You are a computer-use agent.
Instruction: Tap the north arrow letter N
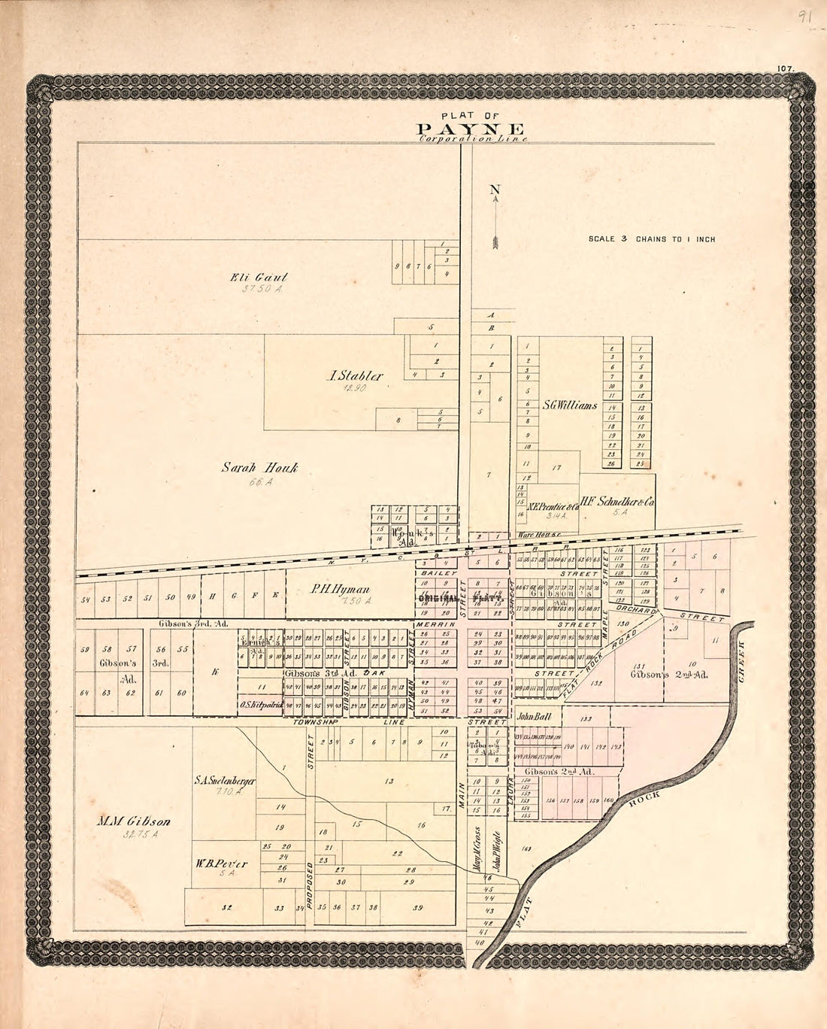click(495, 190)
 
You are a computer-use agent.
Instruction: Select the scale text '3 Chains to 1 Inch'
click(651, 239)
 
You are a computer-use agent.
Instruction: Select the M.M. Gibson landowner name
click(133, 821)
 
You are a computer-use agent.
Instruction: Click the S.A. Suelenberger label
click(225, 781)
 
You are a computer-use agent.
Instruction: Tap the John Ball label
click(534, 717)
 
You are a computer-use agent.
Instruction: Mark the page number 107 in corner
click(787, 68)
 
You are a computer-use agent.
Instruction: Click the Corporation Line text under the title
click(473, 139)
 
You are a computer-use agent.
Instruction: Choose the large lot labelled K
click(214, 672)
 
